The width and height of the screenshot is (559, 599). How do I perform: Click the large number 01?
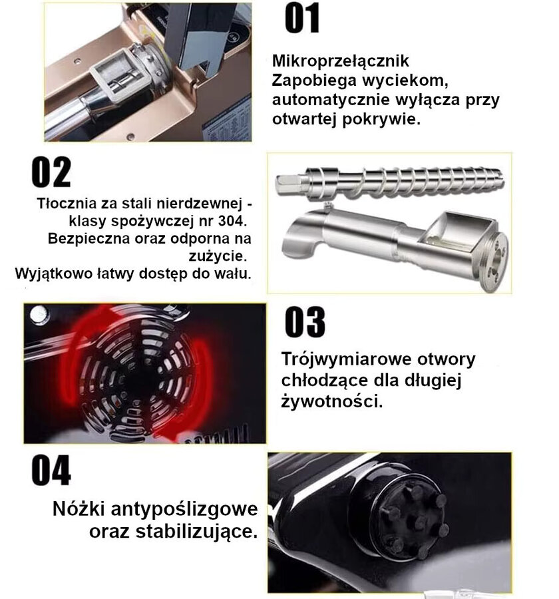302,19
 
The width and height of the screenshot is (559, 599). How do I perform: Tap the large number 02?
51,172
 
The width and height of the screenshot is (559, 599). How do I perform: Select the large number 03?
305,322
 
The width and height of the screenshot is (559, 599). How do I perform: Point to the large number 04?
51,470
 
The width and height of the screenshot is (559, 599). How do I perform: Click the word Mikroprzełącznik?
341,61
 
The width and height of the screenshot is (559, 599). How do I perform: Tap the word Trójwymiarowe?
346,359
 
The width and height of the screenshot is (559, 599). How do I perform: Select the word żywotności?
331,401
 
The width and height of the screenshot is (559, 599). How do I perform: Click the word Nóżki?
79,508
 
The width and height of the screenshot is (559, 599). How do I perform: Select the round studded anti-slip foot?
413,518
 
